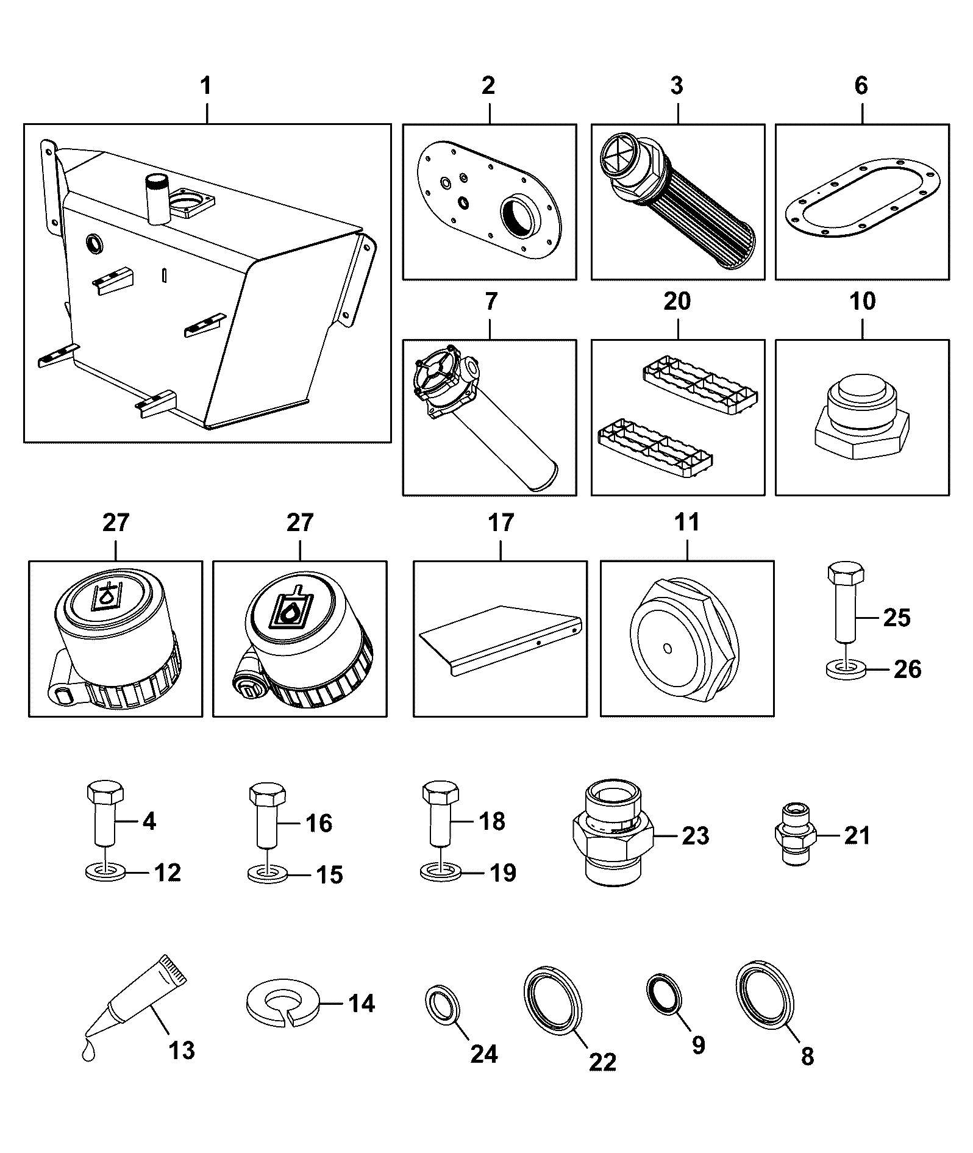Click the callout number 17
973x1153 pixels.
(x=501, y=523)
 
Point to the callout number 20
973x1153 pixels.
(x=677, y=301)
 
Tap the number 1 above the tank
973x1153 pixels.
(x=207, y=86)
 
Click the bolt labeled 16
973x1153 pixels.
(x=266, y=817)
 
